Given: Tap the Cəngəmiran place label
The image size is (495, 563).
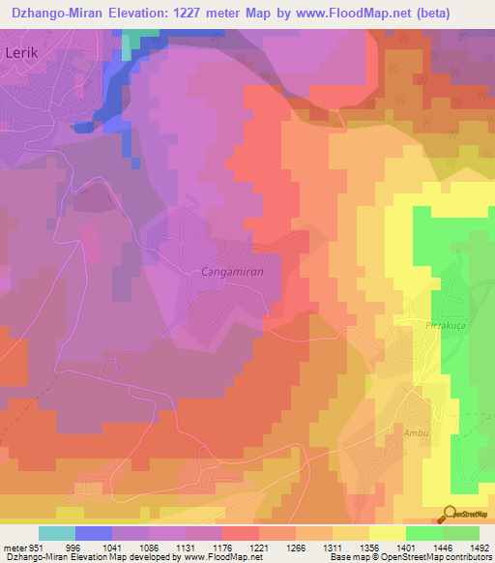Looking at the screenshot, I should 232,273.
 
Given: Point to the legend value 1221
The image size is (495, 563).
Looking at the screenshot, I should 257,548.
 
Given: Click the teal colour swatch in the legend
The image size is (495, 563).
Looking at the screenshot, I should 57,533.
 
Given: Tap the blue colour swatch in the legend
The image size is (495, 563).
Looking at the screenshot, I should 94,533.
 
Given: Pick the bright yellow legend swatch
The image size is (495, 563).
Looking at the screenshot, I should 387,533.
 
